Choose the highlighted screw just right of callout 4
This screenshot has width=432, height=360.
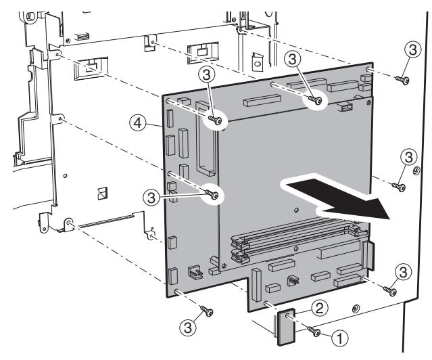pos(216,120)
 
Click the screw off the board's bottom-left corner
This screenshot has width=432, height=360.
pos(208,312)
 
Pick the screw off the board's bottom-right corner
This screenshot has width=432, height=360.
pos(389,289)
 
